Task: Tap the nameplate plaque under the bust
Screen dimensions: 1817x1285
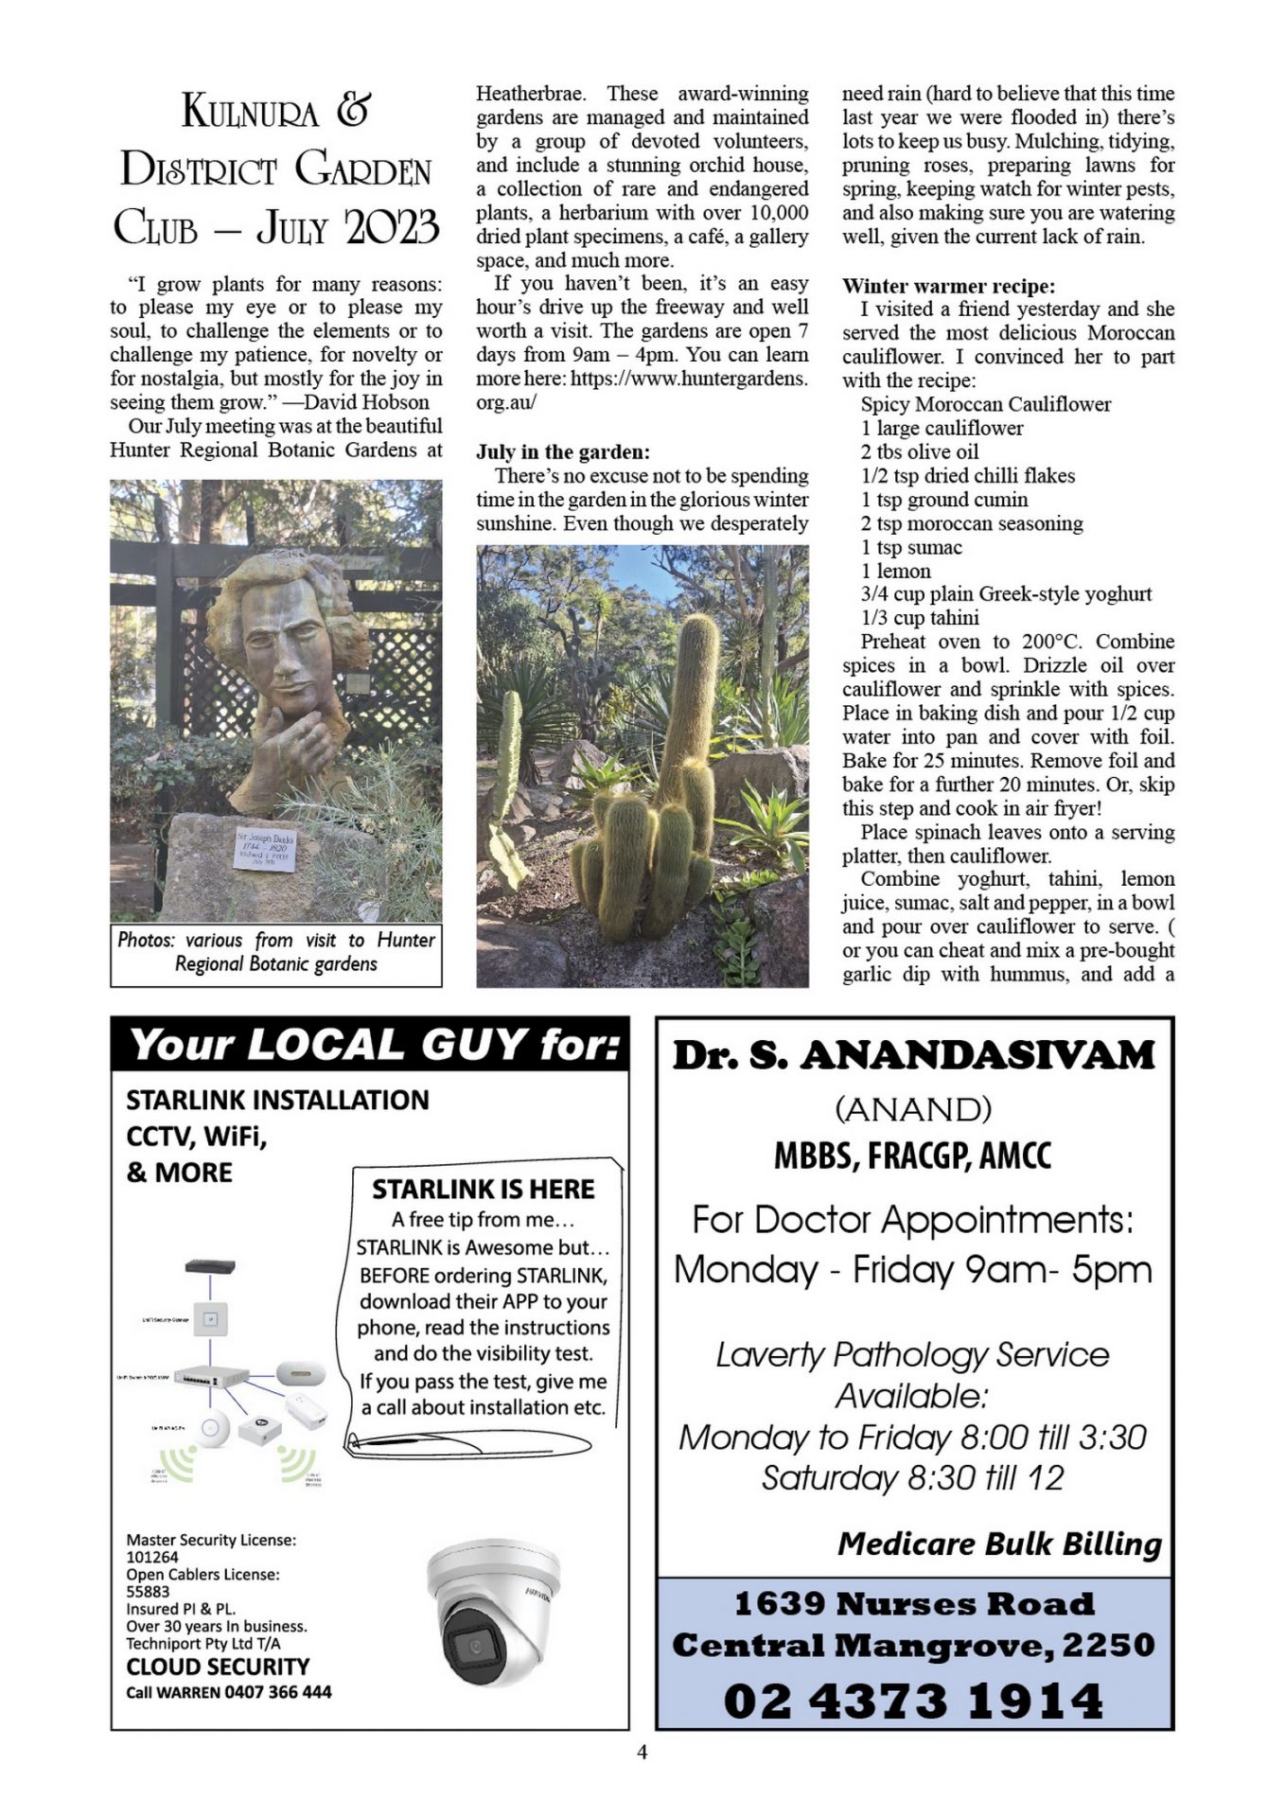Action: (x=266, y=850)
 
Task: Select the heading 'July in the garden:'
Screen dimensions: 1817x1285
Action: (x=562, y=452)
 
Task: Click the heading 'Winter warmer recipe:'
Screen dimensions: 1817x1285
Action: (x=948, y=286)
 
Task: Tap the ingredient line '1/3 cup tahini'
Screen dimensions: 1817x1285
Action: (x=919, y=618)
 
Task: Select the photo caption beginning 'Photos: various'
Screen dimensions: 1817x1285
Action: (x=275, y=952)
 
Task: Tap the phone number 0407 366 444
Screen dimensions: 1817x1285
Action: (x=278, y=1692)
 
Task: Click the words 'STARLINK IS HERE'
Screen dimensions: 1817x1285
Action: (x=483, y=1189)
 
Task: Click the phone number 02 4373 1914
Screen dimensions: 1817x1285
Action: (x=913, y=1700)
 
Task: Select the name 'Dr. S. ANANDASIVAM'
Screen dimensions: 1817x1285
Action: (x=913, y=1055)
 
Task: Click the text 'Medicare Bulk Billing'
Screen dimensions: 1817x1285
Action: (x=999, y=1544)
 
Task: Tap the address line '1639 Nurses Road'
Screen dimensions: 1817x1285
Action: (x=913, y=1603)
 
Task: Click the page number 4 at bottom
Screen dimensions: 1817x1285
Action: (x=642, y=1752)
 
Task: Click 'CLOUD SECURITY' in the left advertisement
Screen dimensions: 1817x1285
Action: (x=218, y=1667)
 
